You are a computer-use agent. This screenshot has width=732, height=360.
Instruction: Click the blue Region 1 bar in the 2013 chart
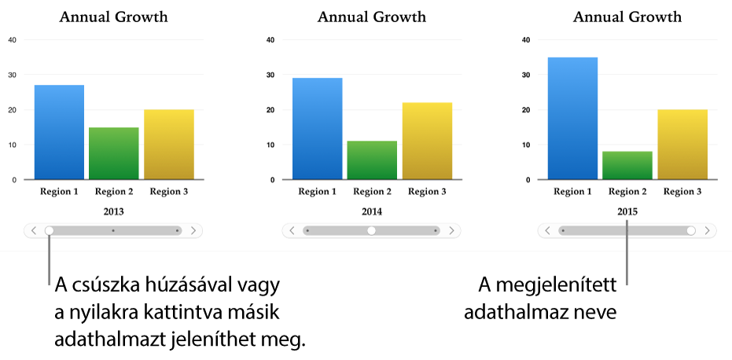click(59, 132)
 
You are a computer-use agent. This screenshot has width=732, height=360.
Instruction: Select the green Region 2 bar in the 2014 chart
click(372, 160)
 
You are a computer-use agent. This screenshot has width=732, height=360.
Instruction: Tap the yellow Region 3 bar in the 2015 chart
click(682, 145)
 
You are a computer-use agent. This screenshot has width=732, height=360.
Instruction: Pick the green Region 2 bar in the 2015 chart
click(628, 165)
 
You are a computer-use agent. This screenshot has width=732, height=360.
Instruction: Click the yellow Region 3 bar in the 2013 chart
click(169, 145)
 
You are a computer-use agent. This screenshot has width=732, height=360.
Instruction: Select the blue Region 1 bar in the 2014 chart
click(318, 129)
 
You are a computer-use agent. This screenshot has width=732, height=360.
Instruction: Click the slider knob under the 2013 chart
click(50, 230)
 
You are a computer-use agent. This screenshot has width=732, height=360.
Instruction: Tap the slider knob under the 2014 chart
click(372, 230)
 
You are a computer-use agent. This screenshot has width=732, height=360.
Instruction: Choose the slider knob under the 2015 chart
click(691, 230)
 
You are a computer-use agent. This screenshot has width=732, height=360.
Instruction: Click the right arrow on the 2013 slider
click(193, 230)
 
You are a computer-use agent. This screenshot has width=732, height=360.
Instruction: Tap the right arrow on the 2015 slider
click(708, 230)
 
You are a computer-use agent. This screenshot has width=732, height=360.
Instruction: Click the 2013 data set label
click(113, 211)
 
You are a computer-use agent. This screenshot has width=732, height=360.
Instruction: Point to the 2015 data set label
click(627, 211)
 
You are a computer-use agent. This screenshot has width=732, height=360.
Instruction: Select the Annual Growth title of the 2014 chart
click(372, 17)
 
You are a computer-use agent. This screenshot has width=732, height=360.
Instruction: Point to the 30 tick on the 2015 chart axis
click(526, 75)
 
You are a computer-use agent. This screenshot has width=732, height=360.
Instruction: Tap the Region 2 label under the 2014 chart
click(372, 191)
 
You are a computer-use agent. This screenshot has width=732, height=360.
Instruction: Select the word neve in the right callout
click(596, 312)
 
